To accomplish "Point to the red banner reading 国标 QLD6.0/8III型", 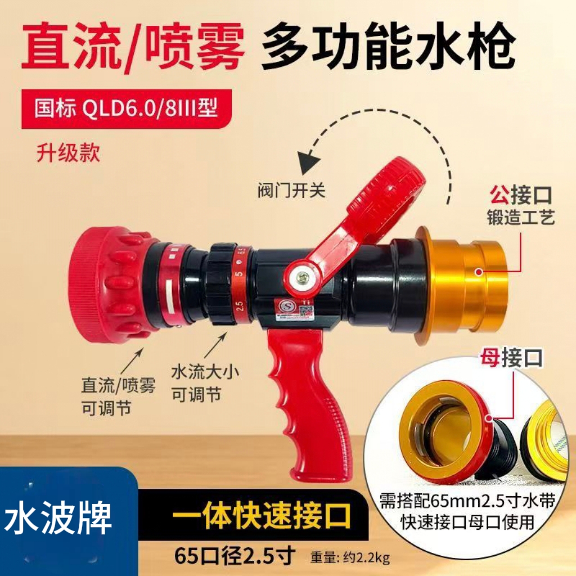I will (126, 109).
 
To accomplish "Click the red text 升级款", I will (68, 154).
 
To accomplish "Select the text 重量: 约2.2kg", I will (349, 558).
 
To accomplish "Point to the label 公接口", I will (520, 197).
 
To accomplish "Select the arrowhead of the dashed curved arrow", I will (307, 160).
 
